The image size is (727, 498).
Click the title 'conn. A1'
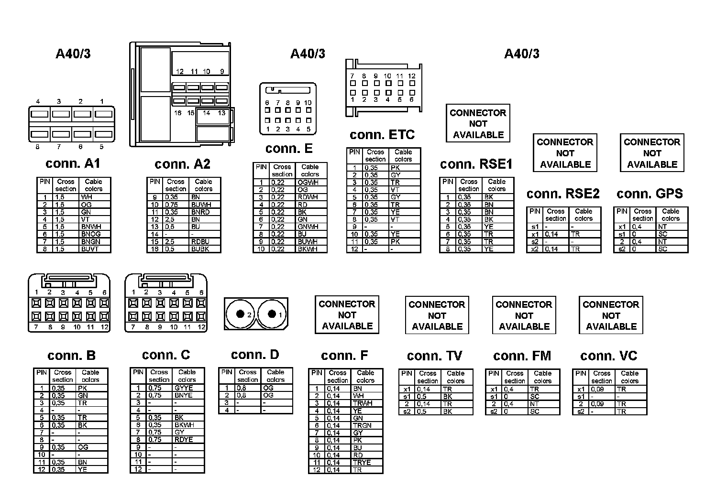click(x=73, y=163)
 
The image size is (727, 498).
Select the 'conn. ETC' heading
click(x=382, y=135)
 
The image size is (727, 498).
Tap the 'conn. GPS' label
click(x=650, y=194)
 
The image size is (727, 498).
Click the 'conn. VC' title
click(x=608, y=356)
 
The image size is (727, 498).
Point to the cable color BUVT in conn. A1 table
click(x=90, y=249)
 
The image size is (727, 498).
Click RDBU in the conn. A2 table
click(x=200, y=242)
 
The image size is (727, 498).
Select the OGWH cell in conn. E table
click(x=308, y=183)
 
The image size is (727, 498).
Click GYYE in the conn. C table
click(x=184, y=388)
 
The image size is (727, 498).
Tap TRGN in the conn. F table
click(x=362, y=425)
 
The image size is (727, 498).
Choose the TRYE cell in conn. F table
click(x=362, y=463)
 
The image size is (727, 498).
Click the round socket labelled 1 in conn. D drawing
click(x=272, y=314)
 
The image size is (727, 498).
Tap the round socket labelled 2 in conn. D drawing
click(x=240, y=314)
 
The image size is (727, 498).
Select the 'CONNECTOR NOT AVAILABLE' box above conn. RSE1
click(x=478, y=123)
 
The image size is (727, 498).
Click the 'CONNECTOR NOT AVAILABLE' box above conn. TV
click(x=437, y=315)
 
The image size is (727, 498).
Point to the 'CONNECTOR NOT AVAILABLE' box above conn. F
click(x=347, y=314)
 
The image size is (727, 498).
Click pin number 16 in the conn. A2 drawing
click(x=178, y=113)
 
